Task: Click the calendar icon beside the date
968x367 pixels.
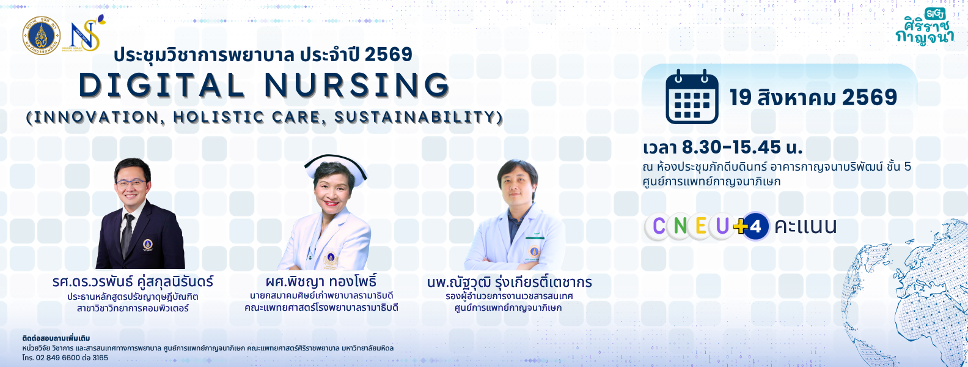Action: [x=692, y=97]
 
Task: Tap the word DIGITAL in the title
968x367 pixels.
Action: [x=162, y=85]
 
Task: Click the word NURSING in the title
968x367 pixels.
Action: [x=358, y=85]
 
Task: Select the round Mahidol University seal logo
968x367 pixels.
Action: [x=42, y=35]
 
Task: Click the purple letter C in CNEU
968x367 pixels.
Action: [x=659, y=226]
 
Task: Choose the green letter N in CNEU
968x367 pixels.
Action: [x=680, y=226]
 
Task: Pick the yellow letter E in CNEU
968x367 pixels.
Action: [x=701, y=226]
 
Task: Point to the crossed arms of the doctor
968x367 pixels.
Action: [x=515, y=261]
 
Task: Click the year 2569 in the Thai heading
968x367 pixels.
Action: [x=388, y=54]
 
